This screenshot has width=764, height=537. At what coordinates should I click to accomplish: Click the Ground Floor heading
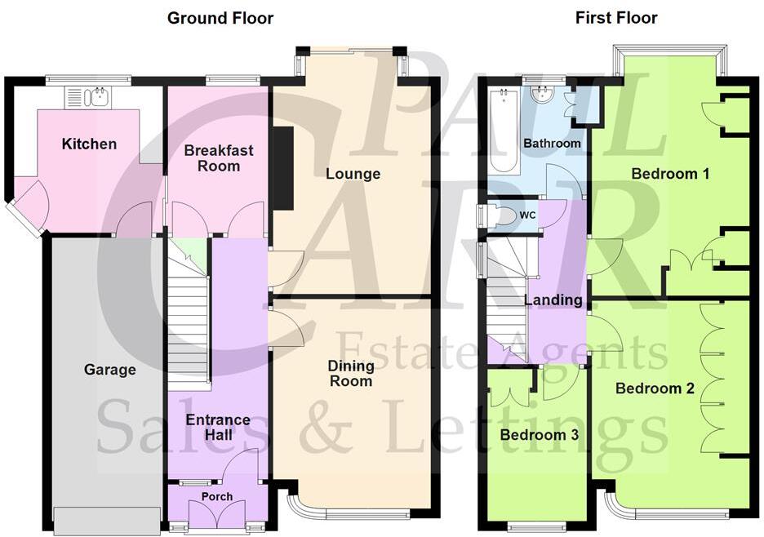[x=220, y=18]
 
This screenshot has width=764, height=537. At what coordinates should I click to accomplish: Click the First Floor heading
[x=616, y=18]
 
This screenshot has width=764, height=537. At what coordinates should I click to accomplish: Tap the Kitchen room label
[x=90, y=144]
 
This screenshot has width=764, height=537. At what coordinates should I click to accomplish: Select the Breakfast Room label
[x=219, y=158]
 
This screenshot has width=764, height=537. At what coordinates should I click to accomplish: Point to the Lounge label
[x=353, y=174]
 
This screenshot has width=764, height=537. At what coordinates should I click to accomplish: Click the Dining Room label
[x=351, y=374]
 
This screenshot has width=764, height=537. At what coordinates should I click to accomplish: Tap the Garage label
[x=109, y=370]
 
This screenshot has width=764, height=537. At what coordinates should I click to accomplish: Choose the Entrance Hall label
[x=218, y=428]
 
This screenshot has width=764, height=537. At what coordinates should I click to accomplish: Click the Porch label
[x=217, y=496]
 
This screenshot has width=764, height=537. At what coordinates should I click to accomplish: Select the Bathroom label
[x=553, y=144]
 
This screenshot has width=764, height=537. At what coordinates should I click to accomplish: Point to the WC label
[x=528, y=215]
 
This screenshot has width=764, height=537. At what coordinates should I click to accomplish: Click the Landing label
[x=554, y=300]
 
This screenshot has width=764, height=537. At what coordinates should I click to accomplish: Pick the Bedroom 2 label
[x=655, y=388]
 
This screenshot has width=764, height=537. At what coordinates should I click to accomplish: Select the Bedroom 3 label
[x=540, y=435]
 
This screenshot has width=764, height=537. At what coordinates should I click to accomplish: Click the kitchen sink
[x=91, y=98]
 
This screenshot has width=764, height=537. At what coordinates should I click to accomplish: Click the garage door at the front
[x=108, y=519]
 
